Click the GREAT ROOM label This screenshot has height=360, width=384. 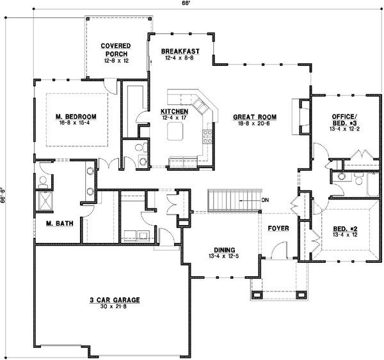click(254, 117)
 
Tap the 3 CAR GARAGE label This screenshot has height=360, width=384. click(115, 299)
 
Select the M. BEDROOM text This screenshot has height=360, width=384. click(76, 116)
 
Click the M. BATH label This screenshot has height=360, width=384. click(58, 224)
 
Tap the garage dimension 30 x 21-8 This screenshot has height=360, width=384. click(115, 306)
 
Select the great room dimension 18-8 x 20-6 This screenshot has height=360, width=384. click(254, 124)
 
